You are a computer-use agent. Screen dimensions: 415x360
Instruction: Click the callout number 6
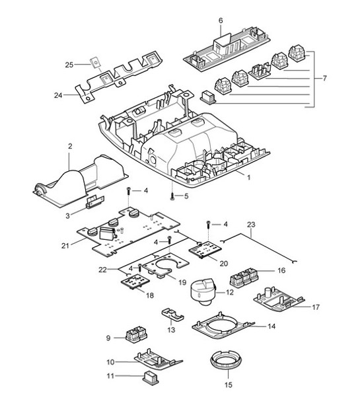(x=221, y=21)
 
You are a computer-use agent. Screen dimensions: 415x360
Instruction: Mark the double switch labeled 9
(x=135, y=334)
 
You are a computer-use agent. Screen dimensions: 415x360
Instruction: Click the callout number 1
(x=248, y=177)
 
